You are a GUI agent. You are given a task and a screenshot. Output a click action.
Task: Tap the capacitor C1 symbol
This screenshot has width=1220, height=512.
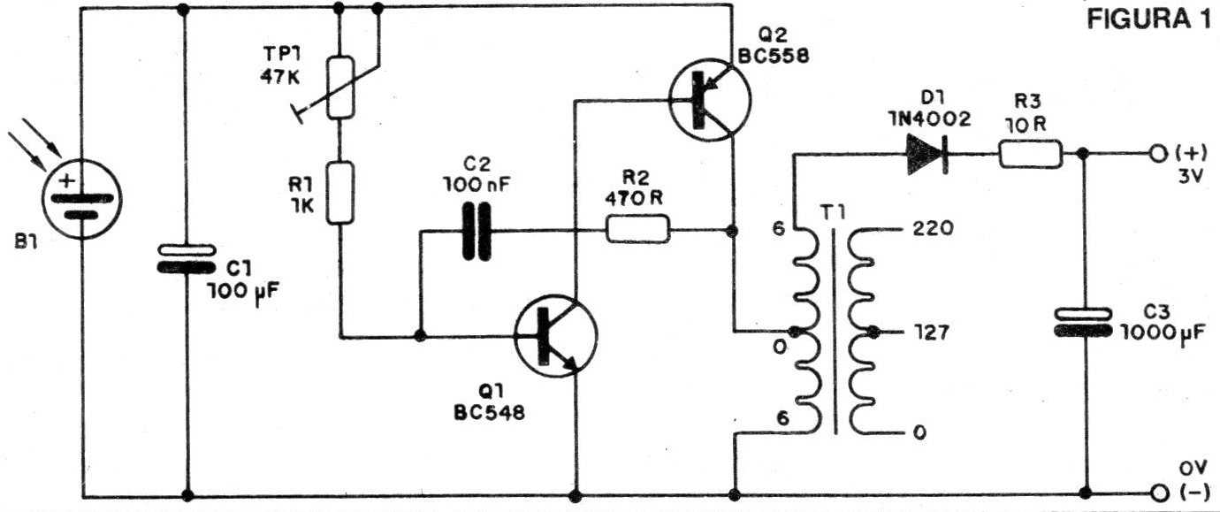pyautogui.click(x=187, y=258)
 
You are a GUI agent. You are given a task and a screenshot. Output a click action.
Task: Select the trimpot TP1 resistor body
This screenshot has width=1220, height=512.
pyautogui.click(x=340, y=88)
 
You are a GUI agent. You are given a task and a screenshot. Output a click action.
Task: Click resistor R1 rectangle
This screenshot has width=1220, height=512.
pyautogui.click(x=340, y=192)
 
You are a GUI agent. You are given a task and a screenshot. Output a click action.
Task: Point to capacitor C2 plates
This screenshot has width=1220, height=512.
pyautogui.click(x=475, y=233)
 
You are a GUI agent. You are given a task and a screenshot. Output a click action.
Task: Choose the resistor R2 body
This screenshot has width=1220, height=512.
pyautogui.click(x=637, y=233)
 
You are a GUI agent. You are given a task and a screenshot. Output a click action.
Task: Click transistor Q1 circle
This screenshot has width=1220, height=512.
pyautogui.click(x=555, y=338)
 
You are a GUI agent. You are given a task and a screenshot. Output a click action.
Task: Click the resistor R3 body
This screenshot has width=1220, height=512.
pyautogui.click(x=1030, y=156)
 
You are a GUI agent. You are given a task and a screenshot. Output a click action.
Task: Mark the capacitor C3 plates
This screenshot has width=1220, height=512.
pyautogui.click(x=1086, y=320)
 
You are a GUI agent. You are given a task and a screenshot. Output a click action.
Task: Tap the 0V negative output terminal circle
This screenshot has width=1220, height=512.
pyautogui.click(x=1155, y=493)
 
